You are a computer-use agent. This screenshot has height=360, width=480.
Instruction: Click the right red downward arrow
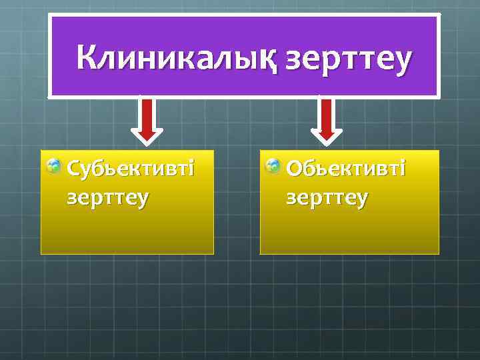pos(326,118)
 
